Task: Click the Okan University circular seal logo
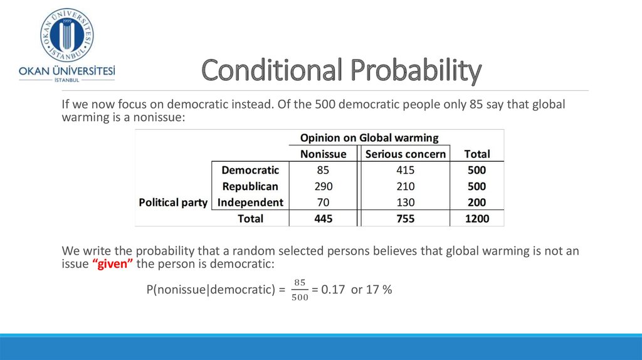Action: click(x=66, y=35)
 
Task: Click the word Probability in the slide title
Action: click(x=416, y=70)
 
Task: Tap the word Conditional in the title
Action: click(x=271, y=70)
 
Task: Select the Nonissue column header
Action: click(x=323, y=154)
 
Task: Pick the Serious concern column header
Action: click(x=406, y=154)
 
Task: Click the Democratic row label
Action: click(x=250, y=170)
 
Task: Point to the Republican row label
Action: click(x=250, y=186)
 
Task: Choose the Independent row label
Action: click(x=250, y=203)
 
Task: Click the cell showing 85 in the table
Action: click(x=323, y=170)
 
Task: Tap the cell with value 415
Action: click(x=406, y=170)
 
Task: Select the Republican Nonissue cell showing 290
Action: click(x=323, y=186)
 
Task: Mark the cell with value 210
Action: click(x=406, y=186)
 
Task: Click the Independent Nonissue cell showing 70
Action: click(x=323, y=203)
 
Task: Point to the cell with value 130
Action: click(x=406, y=203)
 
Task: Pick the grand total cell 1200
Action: click(x=477, y=219)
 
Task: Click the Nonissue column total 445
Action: click(x=323, y=219)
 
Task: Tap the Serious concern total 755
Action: click(x=406, y=219)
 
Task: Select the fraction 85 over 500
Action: click(x=300, y=290)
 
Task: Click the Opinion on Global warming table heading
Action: click(x=369, y=137)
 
